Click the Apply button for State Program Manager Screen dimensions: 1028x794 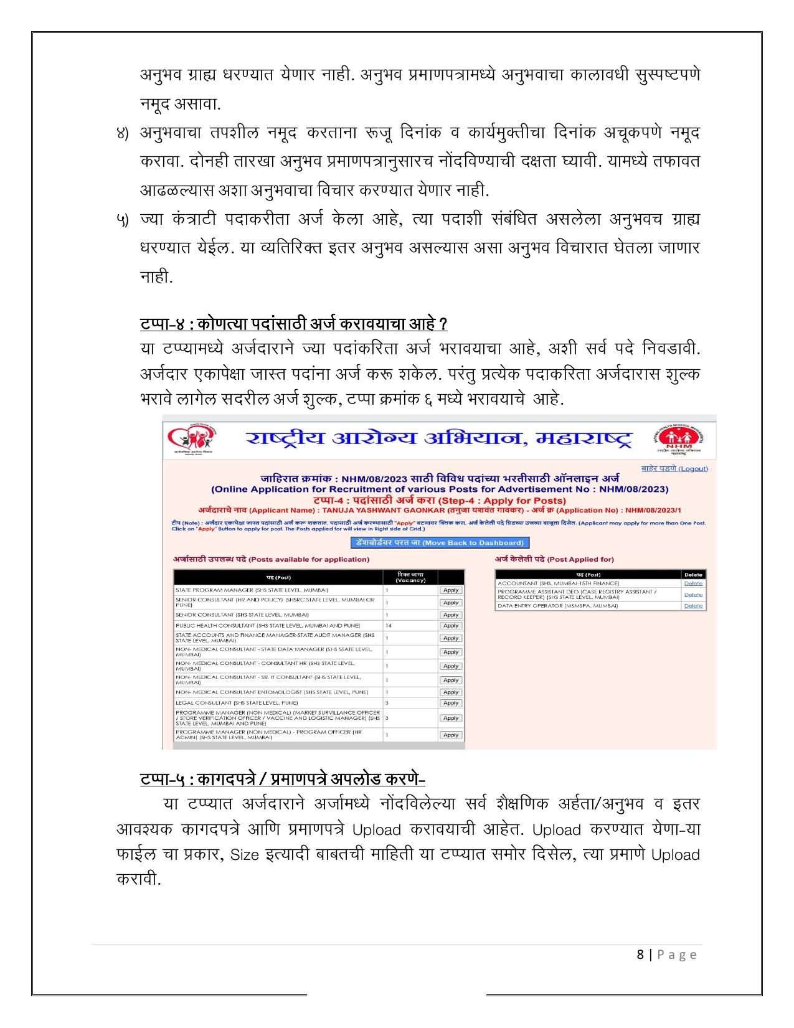coord(450,590)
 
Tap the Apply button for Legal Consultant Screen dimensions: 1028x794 coord(450,703)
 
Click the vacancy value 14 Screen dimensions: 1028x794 coord(389,625)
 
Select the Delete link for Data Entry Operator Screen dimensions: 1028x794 coord(692,605)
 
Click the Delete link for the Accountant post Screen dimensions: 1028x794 coord(692,583)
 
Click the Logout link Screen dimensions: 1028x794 coord(674,468)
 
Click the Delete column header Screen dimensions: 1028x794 coord(692,575)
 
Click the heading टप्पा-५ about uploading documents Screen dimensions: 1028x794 coord(282,779)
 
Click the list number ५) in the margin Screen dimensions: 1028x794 coord(123,220)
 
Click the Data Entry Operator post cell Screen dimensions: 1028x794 coord(557,605)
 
